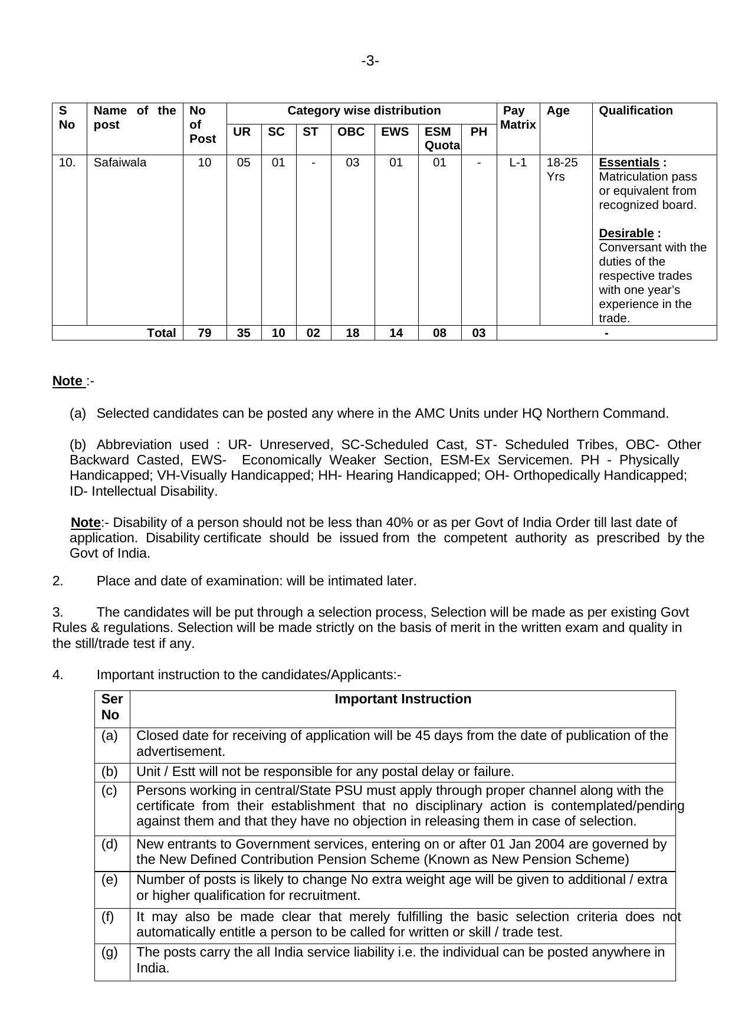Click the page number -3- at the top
370,61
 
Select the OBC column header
351,132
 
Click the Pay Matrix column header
517,117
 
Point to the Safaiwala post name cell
120,162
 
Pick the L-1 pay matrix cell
517,162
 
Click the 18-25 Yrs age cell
562,169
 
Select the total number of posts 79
204,333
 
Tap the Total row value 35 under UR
243,333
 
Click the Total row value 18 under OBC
352,333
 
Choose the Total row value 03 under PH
478,333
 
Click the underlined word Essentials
629,162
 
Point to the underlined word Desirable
626,233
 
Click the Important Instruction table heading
403,699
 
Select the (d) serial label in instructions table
110,844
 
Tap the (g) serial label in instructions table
110,952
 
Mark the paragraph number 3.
57,612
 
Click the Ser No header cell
111,707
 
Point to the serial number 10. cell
67,162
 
